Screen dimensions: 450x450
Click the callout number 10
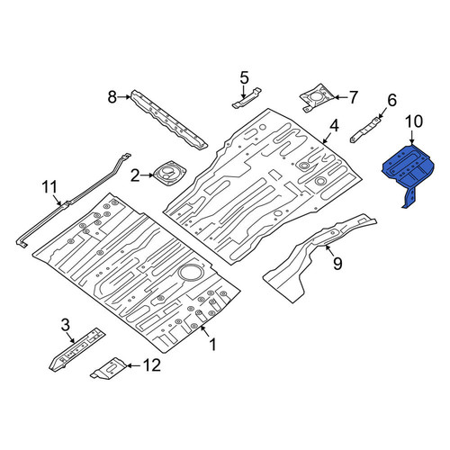(414, 121)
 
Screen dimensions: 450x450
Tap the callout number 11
(49, 187)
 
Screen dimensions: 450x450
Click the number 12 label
(152, 365)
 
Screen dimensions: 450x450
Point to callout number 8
(112, 97)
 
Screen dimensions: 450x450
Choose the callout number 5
(245, 77)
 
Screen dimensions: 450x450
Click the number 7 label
(354, 97)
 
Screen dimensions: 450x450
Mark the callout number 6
(391, 100)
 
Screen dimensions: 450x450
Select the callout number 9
(337, 264)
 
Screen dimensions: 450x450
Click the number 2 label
(135, 175)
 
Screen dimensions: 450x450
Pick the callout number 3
(66, 325)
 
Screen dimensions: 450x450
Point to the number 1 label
(212, 345)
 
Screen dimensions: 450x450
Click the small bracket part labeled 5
(247, 97)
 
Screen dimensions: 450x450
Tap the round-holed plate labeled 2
(169, 173)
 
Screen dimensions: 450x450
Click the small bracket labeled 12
(108, 369)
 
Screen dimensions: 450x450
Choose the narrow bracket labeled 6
(365, 130)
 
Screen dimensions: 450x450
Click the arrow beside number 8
(124, 97)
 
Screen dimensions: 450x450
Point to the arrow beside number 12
(134, 365)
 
